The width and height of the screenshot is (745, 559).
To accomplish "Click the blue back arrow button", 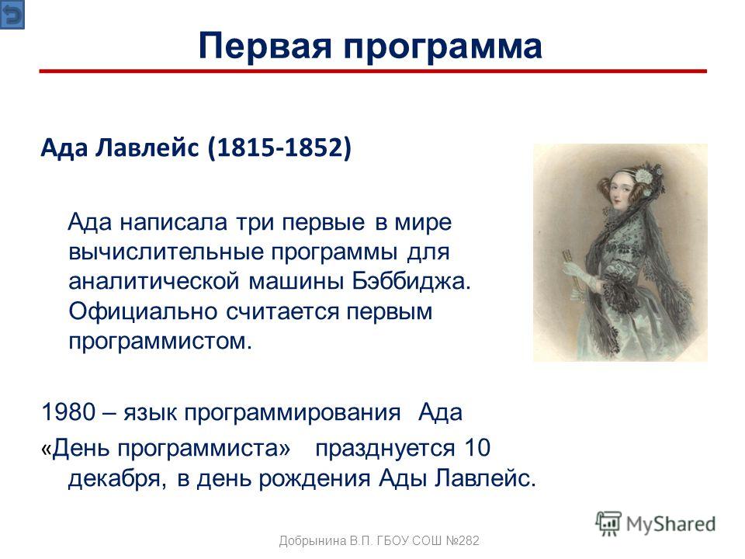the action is (12, 15).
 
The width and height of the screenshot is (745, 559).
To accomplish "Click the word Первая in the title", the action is (264, 46).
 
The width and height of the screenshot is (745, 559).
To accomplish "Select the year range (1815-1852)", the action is (279, 148).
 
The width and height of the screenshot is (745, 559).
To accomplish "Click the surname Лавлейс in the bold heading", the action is (147, 148).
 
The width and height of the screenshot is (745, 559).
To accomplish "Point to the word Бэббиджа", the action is (411, 281).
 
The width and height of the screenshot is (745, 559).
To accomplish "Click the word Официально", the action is (143, 312).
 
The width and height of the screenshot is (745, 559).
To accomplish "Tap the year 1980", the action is (68, 411).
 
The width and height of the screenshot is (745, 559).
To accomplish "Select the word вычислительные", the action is (166, 252).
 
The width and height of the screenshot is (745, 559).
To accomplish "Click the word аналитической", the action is (154, 281).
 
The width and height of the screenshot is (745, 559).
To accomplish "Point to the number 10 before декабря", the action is (477, 447).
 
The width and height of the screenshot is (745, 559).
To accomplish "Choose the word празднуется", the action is (385, 448).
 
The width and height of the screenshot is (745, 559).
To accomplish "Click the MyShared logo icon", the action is (608, 524).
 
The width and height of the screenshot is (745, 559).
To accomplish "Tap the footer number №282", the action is (463, 540).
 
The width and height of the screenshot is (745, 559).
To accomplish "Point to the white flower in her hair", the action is (645, 176).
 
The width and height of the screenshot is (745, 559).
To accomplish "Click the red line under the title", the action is (373, 71).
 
